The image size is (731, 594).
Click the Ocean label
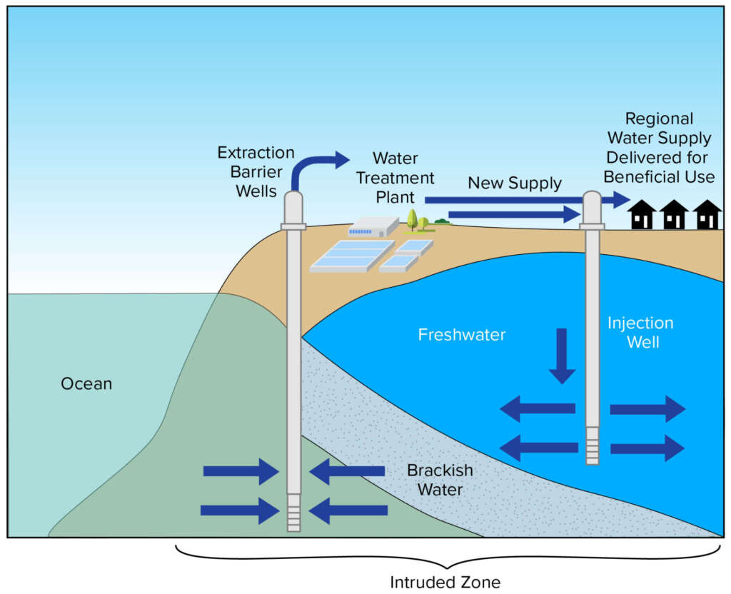[86, 384]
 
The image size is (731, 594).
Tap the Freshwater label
[462, 335]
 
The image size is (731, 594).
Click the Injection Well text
[640, 332]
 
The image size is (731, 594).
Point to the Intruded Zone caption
[445, 582]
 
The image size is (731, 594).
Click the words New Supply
[514, 183]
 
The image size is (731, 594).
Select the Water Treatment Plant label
[395, 176]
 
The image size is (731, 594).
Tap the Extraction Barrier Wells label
[256, 171]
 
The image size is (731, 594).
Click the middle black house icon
[674, 215]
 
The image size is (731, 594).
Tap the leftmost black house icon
[642, 215]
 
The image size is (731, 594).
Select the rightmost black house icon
[707, 215]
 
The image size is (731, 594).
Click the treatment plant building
[373, 227]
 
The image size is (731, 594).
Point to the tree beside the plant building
[413, 218]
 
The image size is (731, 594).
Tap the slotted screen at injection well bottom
[592, 445]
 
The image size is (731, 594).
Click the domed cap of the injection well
[592, 207]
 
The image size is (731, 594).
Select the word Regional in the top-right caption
[658, 119]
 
